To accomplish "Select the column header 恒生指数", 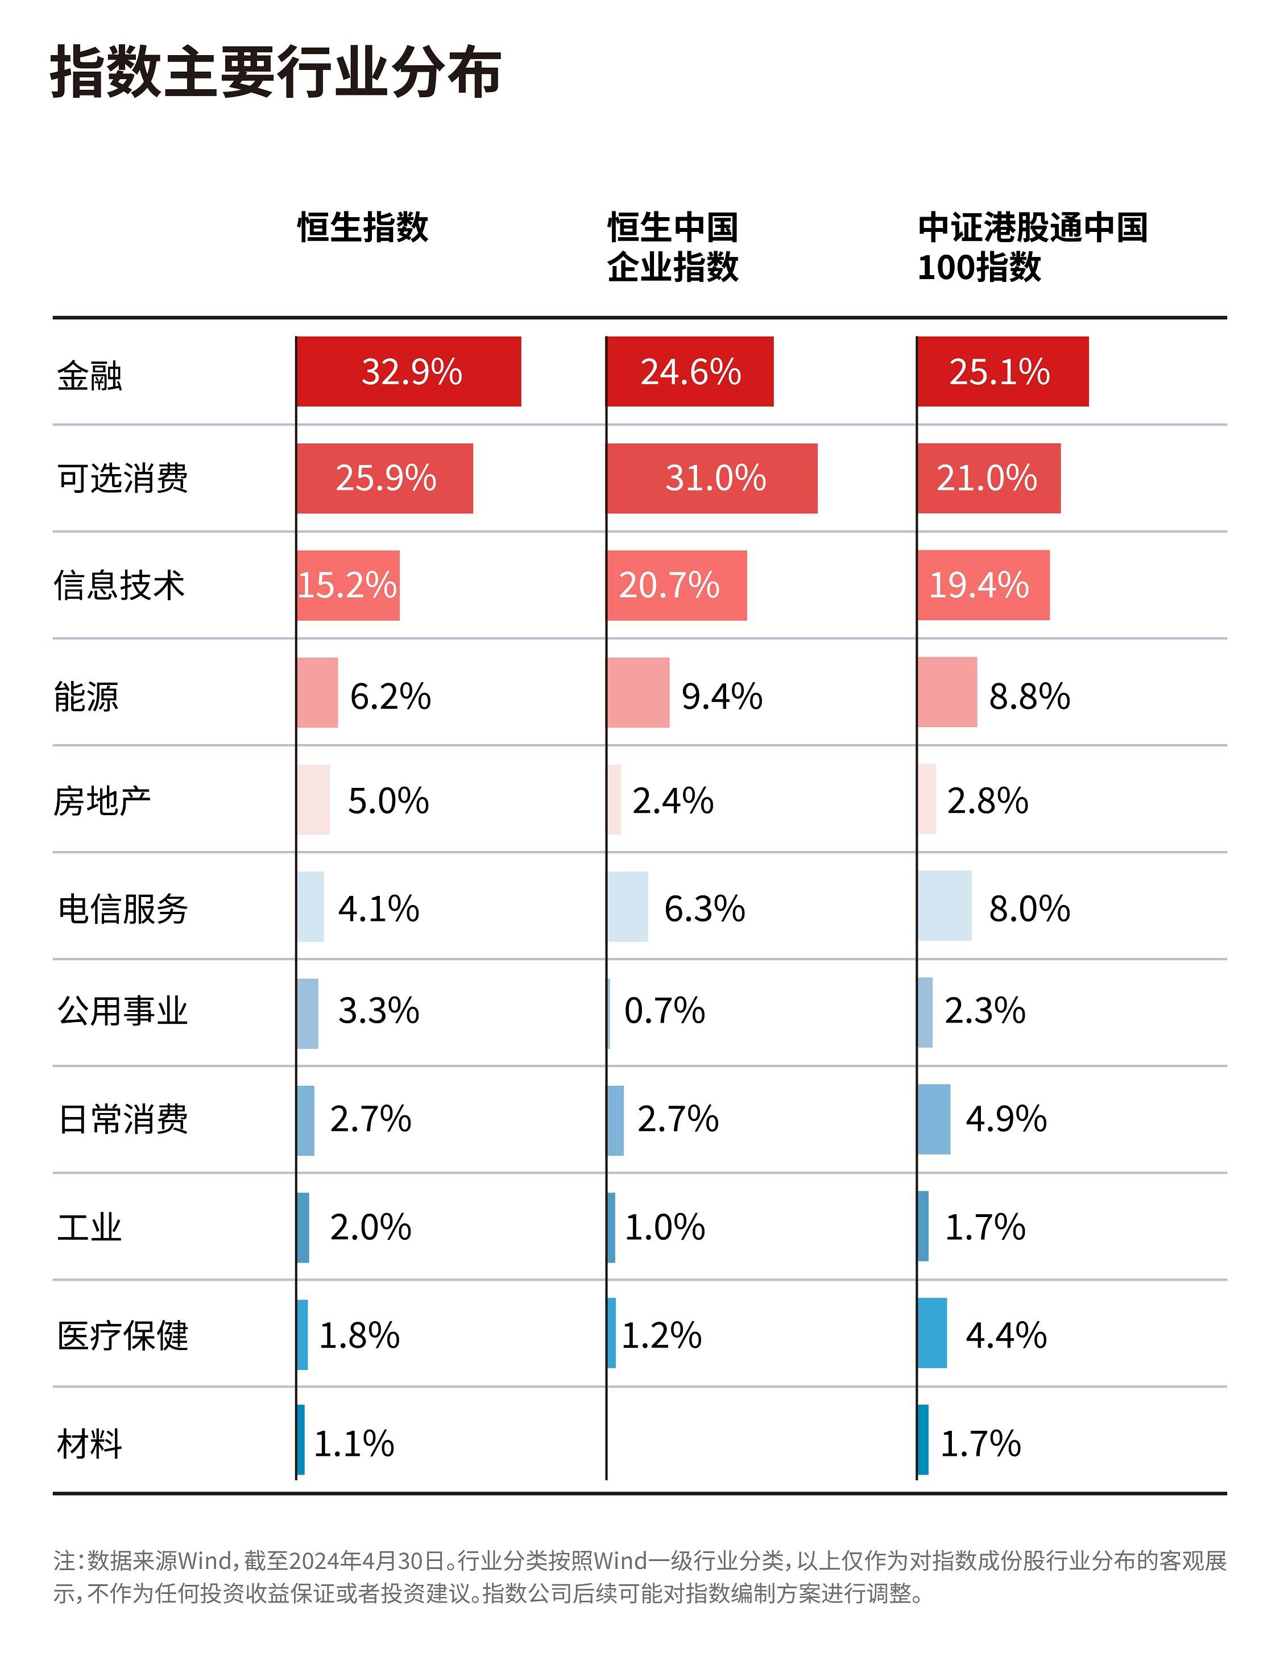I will coord(363,227).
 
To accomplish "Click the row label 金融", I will coord(89,376).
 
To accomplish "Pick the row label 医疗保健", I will coord(123,1335).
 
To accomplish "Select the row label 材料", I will coord(89,1443).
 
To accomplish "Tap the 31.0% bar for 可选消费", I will coord(711,479).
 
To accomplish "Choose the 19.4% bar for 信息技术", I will coord(983,585).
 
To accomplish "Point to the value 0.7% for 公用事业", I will coord(664,1011).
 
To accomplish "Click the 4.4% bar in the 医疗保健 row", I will coord(933,1333).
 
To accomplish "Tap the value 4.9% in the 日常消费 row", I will coord(1006,1119).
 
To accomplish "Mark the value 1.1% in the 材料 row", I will coord(354,1443).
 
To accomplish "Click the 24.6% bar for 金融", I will coord(690,372).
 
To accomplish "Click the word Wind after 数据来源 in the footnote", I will coord(204,1561).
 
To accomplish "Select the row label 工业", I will coord(89,1227).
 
